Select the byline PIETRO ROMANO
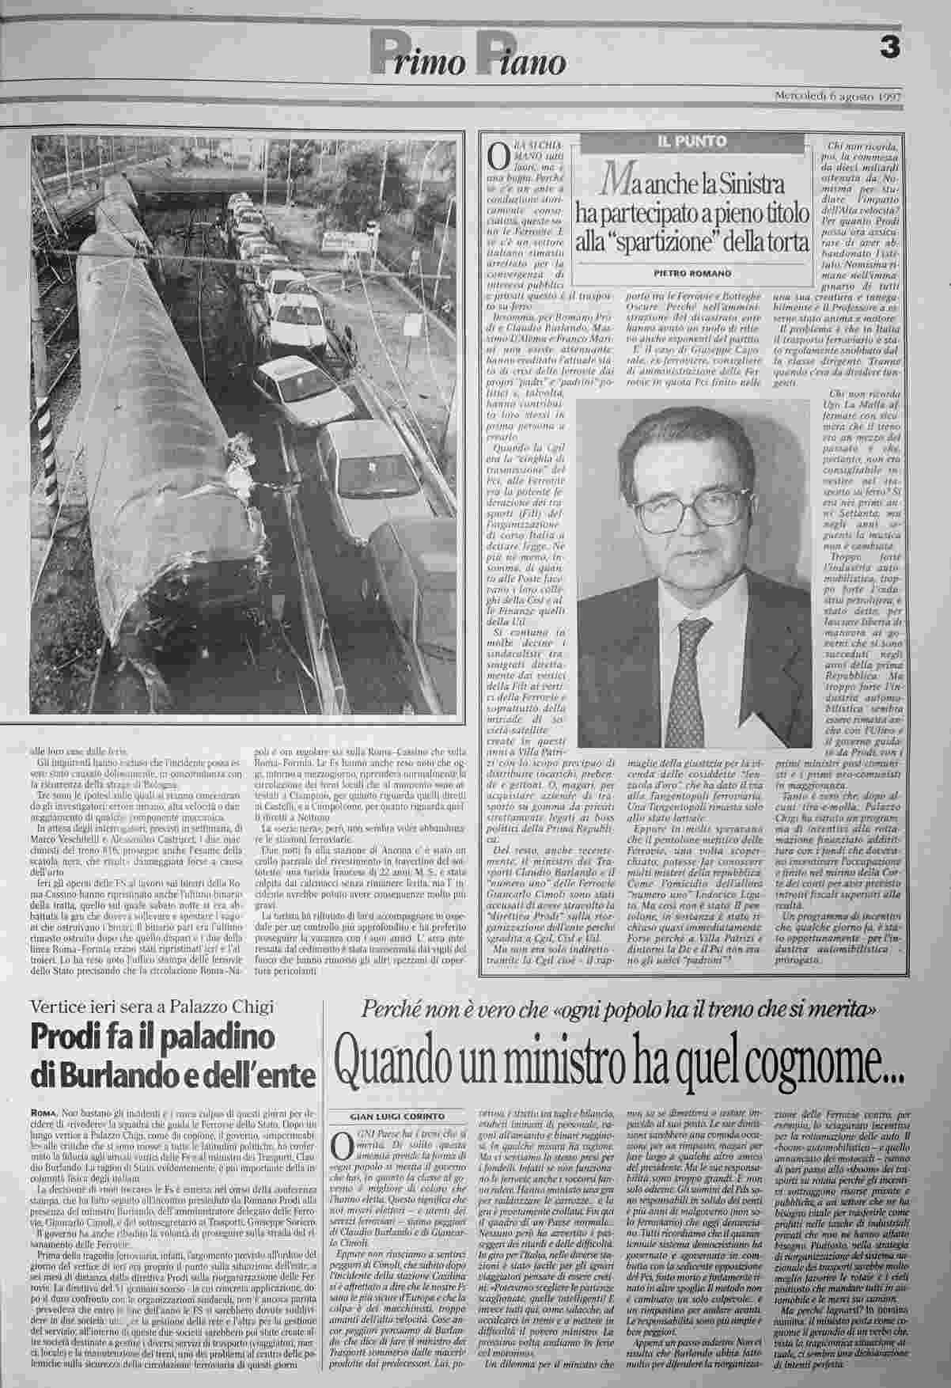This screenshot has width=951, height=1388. [688, 273]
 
